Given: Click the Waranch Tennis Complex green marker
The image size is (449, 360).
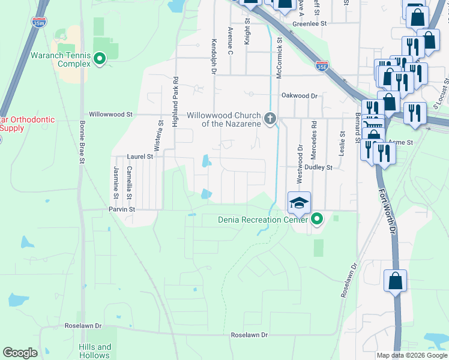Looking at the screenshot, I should (100, 58).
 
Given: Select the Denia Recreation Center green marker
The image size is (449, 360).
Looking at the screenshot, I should (316, 219).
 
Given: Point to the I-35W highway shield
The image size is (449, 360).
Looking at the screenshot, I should (39, 23).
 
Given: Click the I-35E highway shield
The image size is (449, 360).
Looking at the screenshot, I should (322, 66).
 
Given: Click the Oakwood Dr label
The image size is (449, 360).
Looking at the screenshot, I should (299, 95).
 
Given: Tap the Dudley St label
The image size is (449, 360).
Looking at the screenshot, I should (318, 168).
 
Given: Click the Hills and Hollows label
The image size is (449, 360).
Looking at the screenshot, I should (95, 351).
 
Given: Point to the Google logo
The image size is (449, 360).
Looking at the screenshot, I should (20, 353).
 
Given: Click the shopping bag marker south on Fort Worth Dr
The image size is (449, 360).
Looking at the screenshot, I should (396, 281).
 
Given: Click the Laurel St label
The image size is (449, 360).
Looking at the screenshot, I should (140, 156).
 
